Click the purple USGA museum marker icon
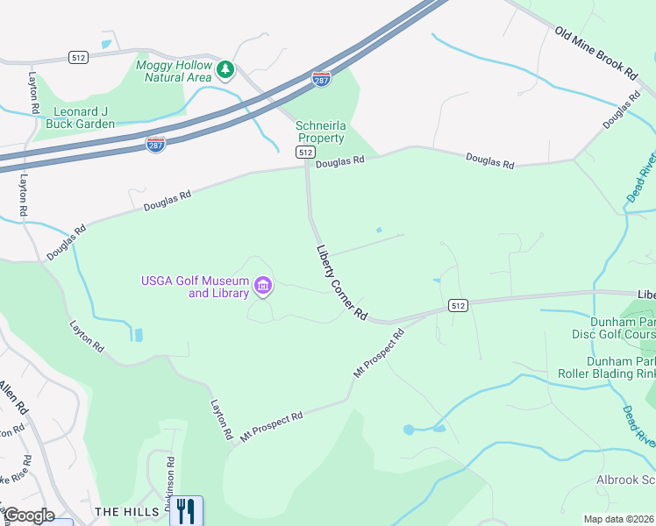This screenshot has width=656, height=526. (x=262, y=286)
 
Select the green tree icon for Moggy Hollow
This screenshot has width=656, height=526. (x=225, y=68)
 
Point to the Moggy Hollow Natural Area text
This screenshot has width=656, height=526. (x=174, y=71)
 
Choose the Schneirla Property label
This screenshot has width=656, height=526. (x=321, y=131)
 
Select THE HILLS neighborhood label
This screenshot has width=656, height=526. (x=127, y=511)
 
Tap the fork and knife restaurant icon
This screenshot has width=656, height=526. (x=185, y=509)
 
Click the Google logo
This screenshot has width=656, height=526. (x=28, y=515)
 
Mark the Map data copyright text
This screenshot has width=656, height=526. (x=619, y=519)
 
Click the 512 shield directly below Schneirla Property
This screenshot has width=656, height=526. (x=305, y=152)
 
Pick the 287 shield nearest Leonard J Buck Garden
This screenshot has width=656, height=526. (x=155, y=144)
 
